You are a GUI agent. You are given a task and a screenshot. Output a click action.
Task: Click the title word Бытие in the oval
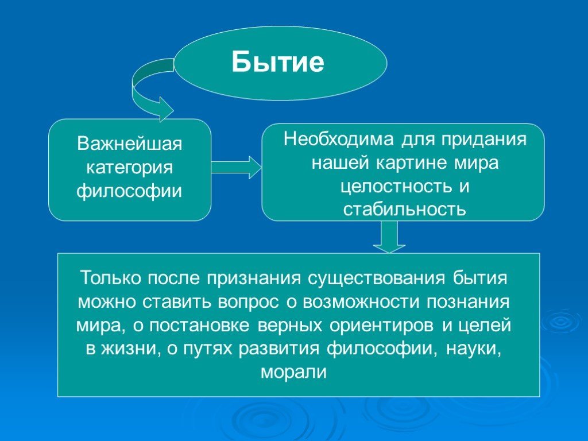pos(277,62)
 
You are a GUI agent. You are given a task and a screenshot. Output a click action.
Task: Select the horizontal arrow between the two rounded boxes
pos(236,167)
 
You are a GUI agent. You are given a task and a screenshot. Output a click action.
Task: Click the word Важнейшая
pos(129,144)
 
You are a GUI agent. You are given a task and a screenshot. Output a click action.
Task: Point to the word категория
pos(129,167)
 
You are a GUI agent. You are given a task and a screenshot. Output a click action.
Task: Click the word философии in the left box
pos(129,191)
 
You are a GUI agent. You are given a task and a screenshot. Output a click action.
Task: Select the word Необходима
pos(339,139)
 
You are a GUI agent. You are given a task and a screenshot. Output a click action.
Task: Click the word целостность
pos(396,187)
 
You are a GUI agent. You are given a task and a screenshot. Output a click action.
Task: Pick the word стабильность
pos(405,210)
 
